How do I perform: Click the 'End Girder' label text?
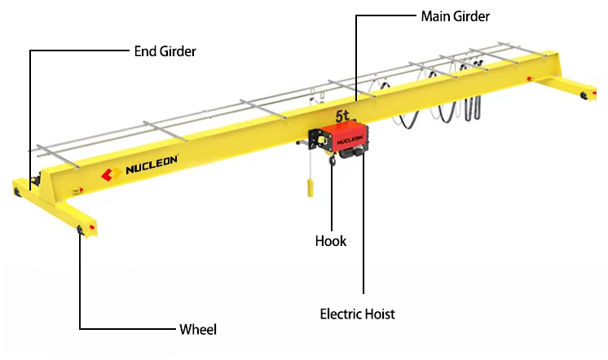tap(165, 51)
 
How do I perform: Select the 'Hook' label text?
tap(331, 241)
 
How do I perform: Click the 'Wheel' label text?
tap(198, 330)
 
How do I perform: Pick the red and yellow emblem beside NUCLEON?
tap(110, 173)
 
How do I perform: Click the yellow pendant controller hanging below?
tap(309, 189)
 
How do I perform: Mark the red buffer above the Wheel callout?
tap(95, 226)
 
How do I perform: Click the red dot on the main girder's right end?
tap(531, 78)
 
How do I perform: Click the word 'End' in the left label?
tap(145, 51)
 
